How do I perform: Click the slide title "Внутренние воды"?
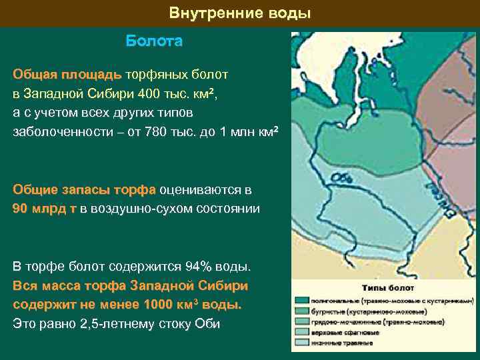tap(240, 13)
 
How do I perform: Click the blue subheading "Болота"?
tap(154, 41)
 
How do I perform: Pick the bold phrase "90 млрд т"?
tap(44, 209)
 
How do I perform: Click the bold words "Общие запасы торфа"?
tap(85, 189)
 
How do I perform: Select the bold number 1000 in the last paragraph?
tap(157, 305)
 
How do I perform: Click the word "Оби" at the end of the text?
tap(207, 324)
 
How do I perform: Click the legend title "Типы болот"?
tap(387, 288)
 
